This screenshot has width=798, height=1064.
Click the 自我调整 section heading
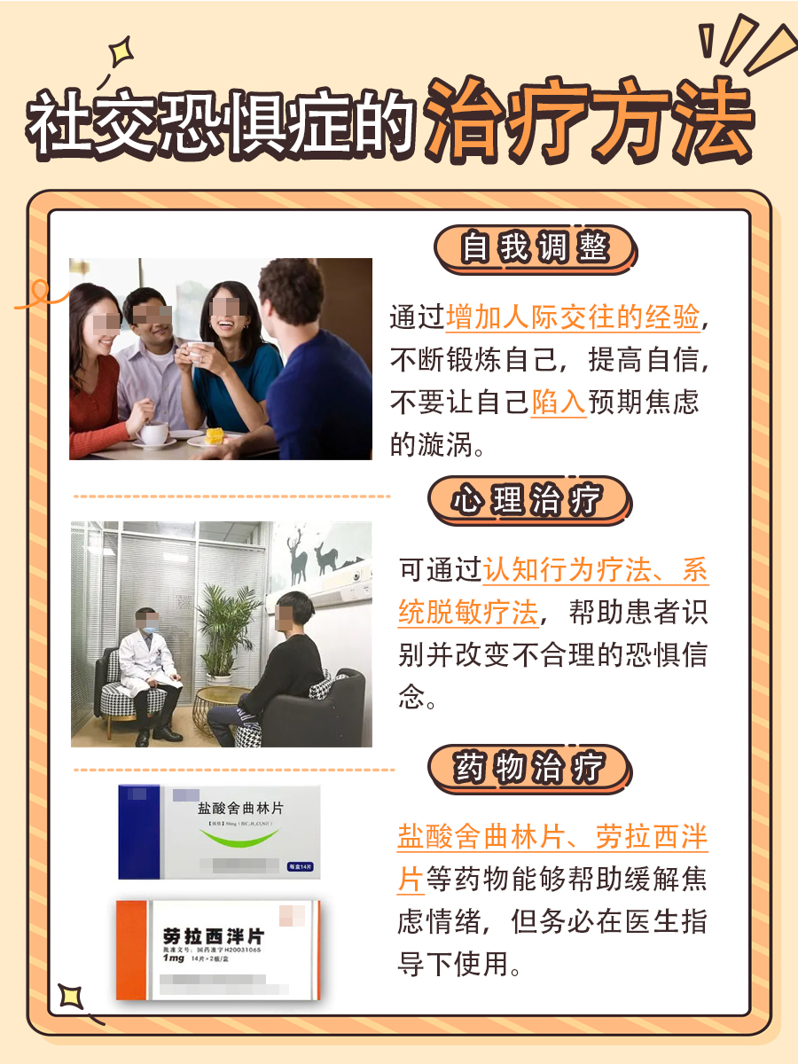pyautogui.click(x=535, y=248)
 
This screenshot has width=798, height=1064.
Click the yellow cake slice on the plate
pyautogui.click(x=215, y=435)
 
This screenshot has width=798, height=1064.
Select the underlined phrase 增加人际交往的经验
pyautogui.click(x=573, y=317)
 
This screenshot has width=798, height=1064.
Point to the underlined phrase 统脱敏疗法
pyautogui.click(x=468, y=613)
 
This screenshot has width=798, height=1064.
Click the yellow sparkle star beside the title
pyautogui.click(x=118, y=52)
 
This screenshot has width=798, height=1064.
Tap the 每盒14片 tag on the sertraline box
pyautogui.click(x=302, y=866)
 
